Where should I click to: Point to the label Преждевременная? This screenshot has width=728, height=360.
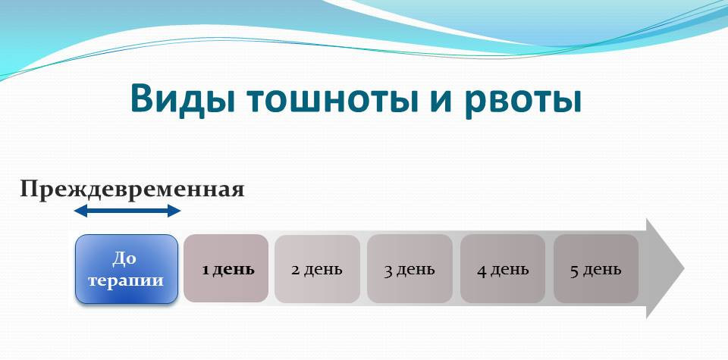click(132, 189)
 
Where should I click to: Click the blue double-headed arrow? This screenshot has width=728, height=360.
click(127, 211)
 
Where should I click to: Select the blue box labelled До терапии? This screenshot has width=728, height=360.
click(127, 269)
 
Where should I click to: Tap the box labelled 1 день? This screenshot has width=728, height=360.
click(226, 268)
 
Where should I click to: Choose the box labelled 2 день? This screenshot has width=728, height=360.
click(317, 269)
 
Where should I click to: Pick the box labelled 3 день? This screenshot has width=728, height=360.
click(409, 269)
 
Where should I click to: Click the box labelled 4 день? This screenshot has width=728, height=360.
click(503, 269)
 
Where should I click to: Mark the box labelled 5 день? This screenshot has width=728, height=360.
click(596, 269)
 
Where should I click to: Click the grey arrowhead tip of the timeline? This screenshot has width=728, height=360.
click(684, 268)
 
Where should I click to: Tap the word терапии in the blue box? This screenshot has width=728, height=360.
click(126, 280)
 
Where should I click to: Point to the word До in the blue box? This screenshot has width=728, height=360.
click(124, 258)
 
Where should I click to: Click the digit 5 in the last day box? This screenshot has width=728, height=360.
click(574, 271)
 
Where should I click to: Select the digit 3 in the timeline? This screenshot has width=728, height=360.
click(388, 271)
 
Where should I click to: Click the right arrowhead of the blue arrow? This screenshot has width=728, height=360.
click(174, 211)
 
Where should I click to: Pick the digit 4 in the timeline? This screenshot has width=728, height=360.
click(482, 271)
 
